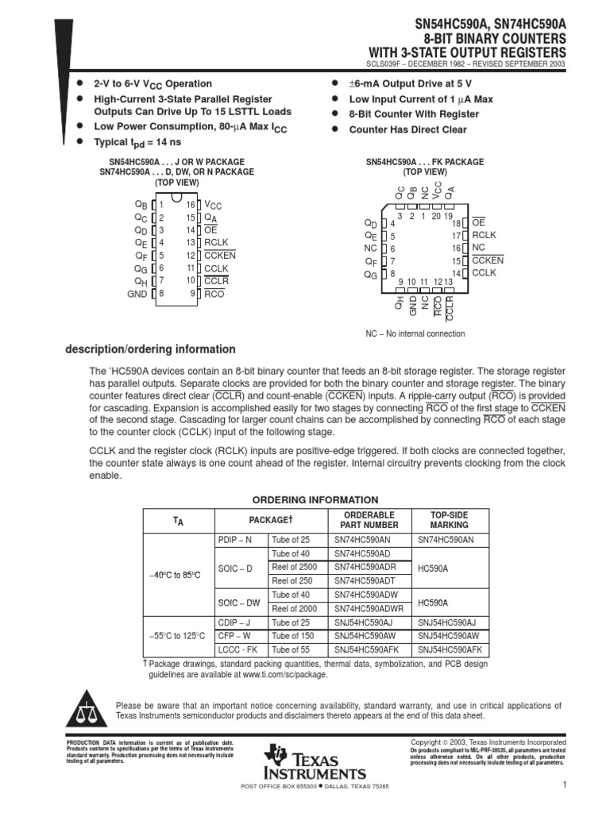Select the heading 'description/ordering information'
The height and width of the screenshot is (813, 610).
coord(149,349)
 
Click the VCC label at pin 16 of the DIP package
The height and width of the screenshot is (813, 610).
coord(214,204)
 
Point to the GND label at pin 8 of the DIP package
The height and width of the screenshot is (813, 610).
coord(137,294)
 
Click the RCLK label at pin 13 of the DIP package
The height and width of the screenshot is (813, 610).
coord(217,242)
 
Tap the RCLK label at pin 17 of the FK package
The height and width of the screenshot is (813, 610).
coord(484,236)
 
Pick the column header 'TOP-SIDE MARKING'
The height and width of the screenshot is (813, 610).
coord(450,520)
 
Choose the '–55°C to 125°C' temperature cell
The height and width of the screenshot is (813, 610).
coord(178,636)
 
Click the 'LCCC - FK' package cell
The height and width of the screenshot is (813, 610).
coord(237,649)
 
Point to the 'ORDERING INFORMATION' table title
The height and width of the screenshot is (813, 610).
coord(315,499)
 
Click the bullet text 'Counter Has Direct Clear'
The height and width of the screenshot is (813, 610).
coord(408,129)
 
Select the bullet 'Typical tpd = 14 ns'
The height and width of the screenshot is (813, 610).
coord(138,142)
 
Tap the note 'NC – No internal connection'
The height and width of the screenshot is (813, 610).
coord(415,333)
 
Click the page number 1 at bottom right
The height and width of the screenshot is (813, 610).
coord(562,785)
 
